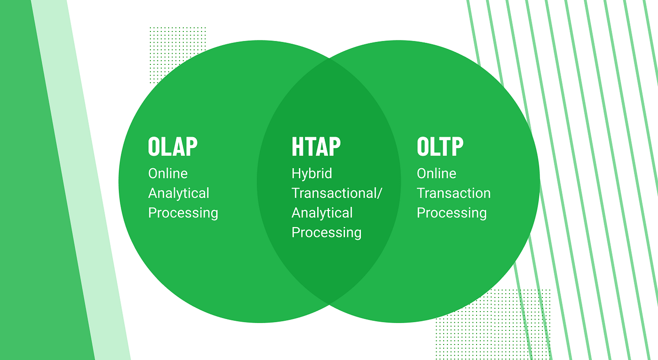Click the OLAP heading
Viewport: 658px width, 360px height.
[x=173, y=146]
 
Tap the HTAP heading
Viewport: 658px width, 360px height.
[x=316, y=146]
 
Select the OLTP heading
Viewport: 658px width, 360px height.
[x=440, y=146]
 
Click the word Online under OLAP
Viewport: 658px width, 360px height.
[x=168, y=173]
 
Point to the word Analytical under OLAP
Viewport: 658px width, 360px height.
[x=179, y=193]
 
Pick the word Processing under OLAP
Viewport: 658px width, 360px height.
[x=183, y=213]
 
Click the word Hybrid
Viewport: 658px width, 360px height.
[x=312, y=174]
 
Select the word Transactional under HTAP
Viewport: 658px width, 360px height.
[x=334, y=193]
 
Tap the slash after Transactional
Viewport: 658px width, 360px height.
[x=379, y=193]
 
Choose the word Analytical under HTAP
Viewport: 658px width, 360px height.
[x=322, y=213]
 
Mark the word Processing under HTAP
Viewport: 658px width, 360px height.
[x=326, y=233]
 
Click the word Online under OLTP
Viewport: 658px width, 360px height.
[x=437, y=173]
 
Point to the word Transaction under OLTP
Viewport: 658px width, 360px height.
[x=454, y=193]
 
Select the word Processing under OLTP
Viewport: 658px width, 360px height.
[x=452, y=213]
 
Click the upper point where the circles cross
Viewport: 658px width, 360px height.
[x=329, y=58]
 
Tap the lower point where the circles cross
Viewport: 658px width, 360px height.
[x=329, y=305]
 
